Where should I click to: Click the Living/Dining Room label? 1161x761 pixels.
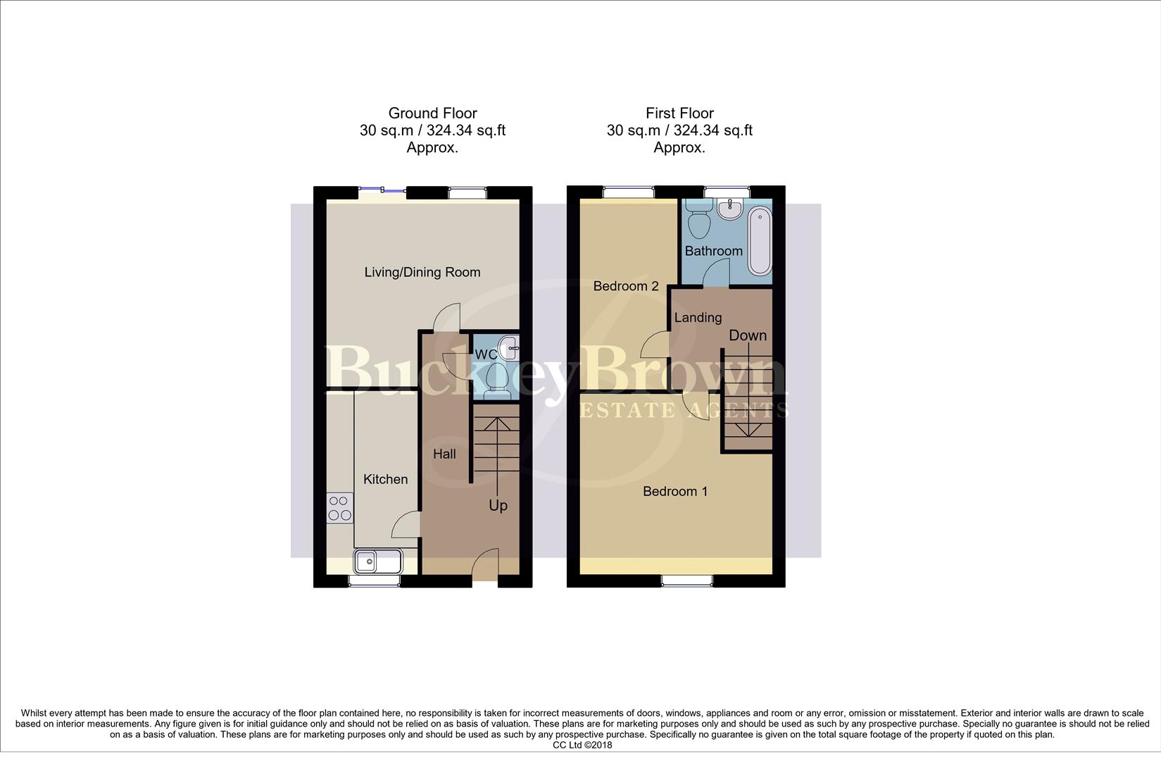(x=422, y=272)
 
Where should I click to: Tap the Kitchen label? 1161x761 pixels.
(x=385, y=479)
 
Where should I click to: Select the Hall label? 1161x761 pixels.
(x=444, y=454)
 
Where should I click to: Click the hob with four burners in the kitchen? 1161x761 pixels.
(x=340, y=508)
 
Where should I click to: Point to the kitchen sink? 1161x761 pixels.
(x=377, y=562)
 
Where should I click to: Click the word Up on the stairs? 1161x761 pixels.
(x=498, y=506)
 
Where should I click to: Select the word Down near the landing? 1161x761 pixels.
(x=747, y=335)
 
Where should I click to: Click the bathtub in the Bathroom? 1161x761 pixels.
(x=760, y=241)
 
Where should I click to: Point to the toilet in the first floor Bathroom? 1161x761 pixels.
(x=699, y=219)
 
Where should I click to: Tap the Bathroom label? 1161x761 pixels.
(x=713, y=251)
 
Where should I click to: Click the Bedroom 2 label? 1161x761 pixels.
(x=625, y=286)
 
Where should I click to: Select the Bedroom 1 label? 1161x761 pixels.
(x=674, y=491)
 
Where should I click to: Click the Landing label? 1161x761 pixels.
(x=698, y=318)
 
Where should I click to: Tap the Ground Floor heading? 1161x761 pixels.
(x=432, y=113)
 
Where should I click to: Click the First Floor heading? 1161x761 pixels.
(x=679, y=113)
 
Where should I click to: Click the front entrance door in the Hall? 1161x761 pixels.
(x=485, y=567)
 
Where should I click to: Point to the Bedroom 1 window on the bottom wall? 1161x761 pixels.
(x=686, y=581)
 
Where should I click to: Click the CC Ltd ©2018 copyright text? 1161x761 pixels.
(x=582, y=745)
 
